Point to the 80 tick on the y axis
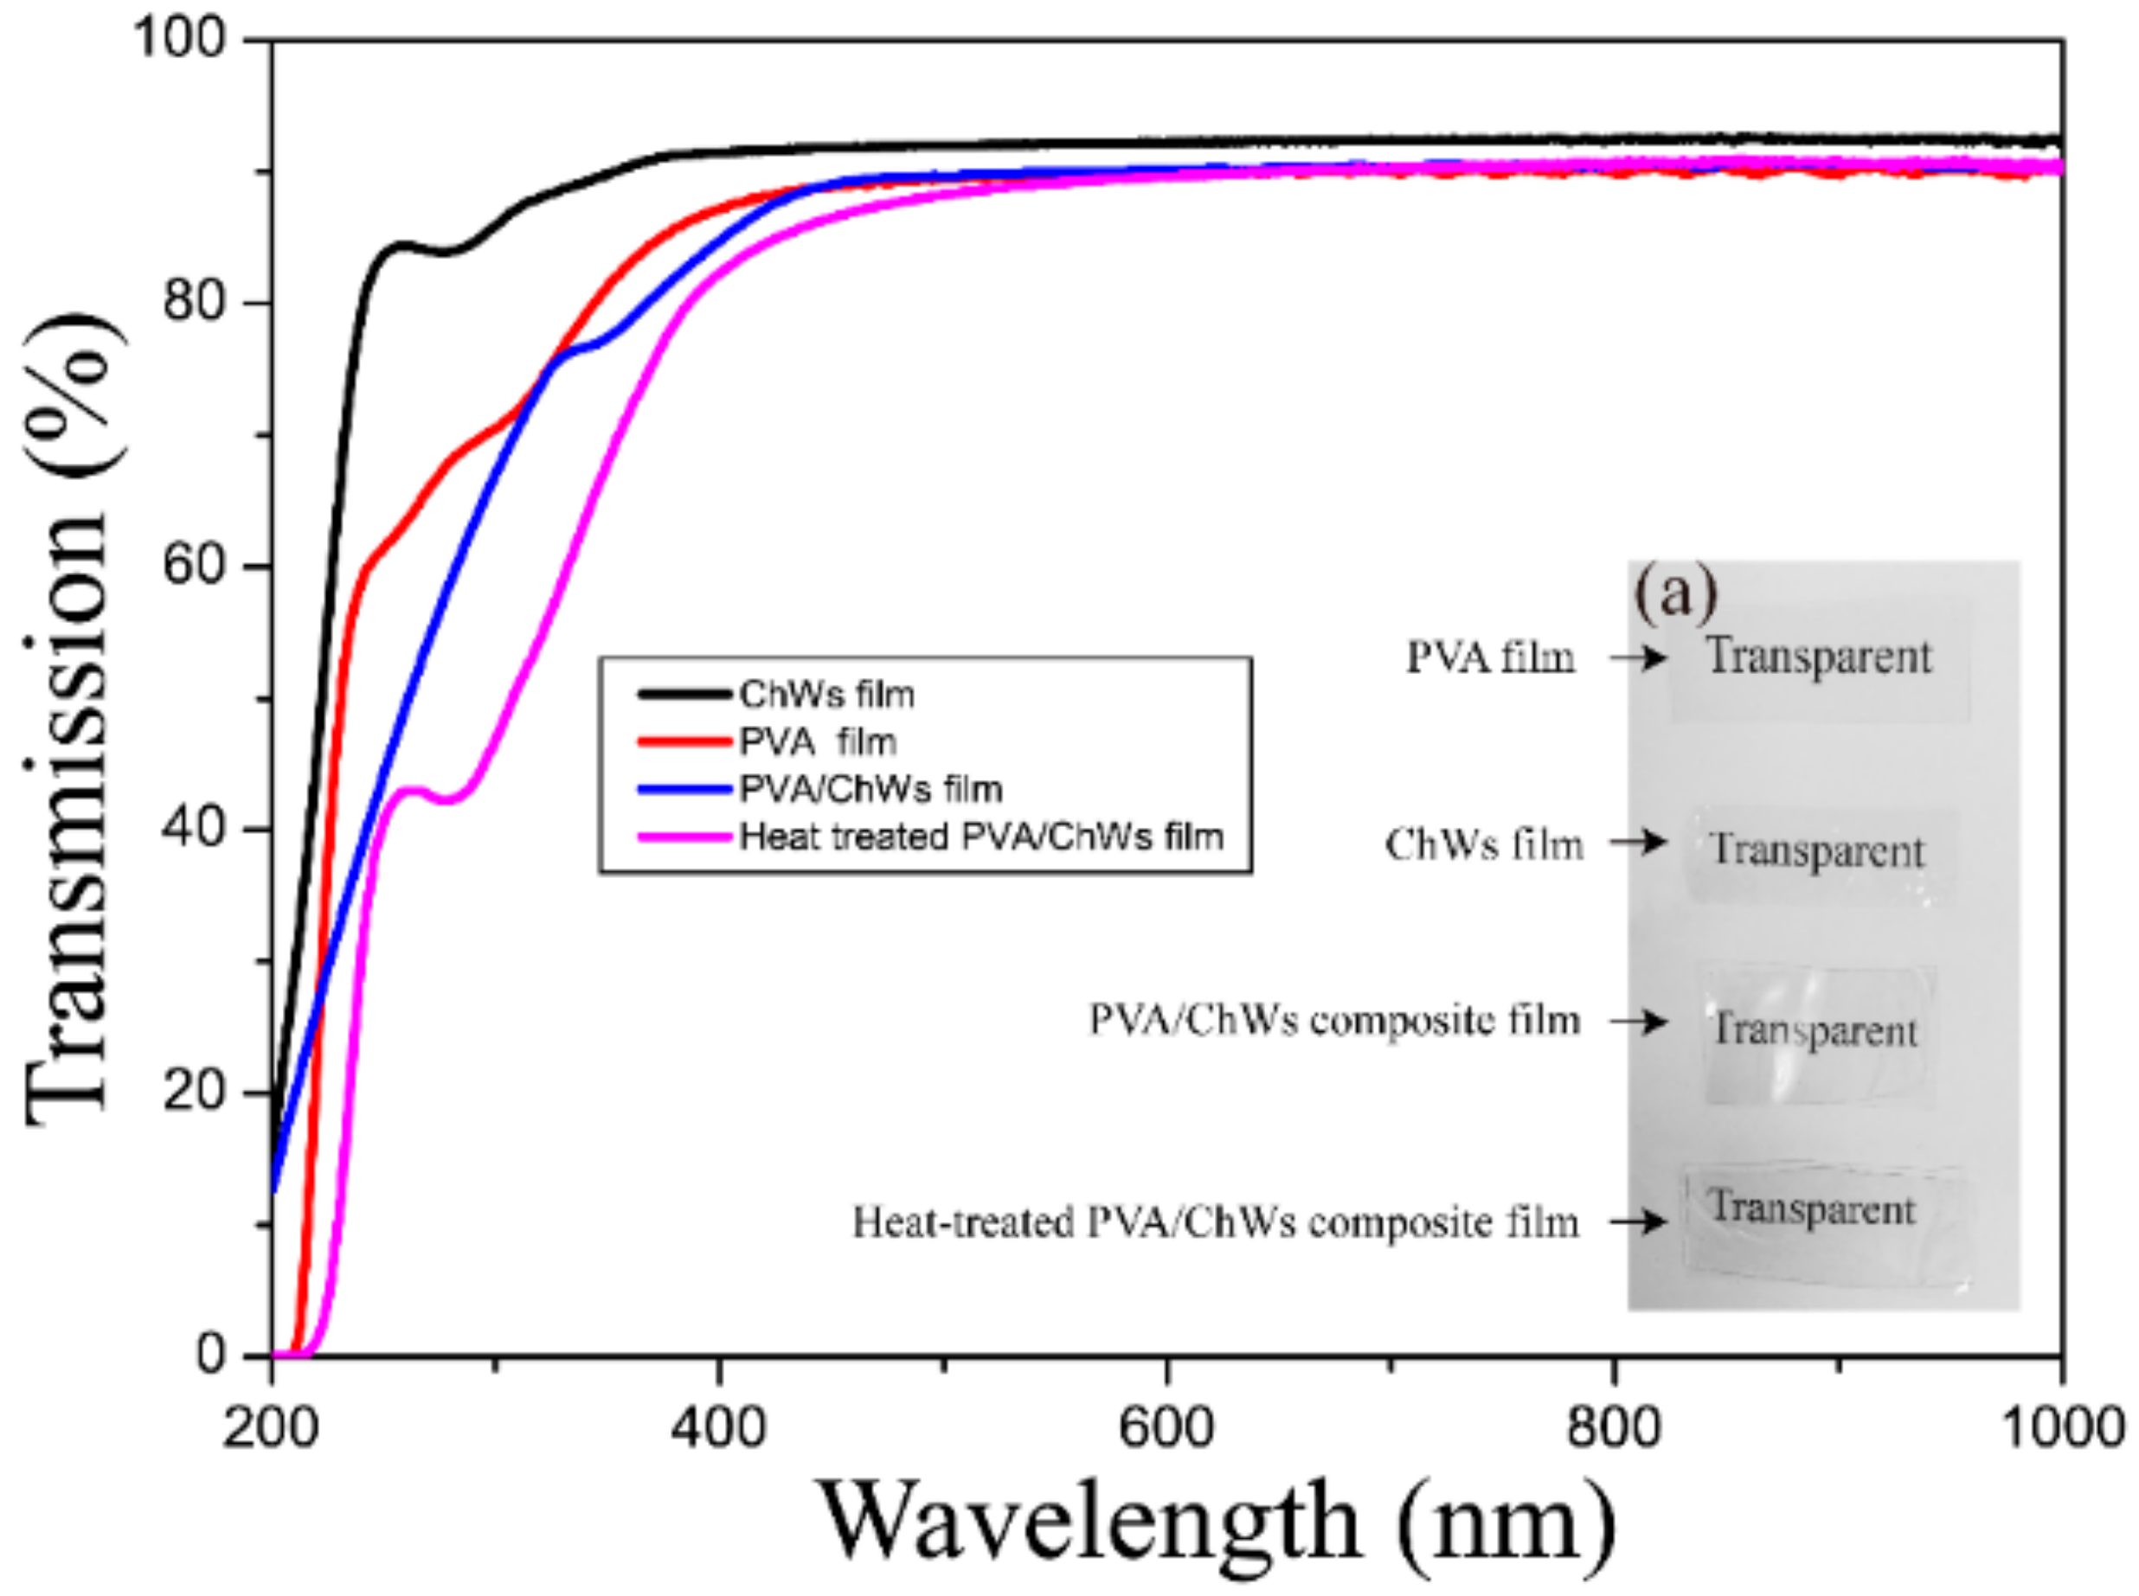(193, 303)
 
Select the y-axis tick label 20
(193, 1093)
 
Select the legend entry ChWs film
(826, 694)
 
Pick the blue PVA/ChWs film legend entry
(870, 789)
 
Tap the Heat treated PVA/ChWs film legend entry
(980, 836)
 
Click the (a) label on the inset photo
(1675, 593)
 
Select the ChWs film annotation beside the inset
(1484, 844)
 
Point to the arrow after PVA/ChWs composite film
(1639, 1021)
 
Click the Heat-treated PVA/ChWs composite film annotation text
(1216, 1222)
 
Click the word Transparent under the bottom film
(1811, 1208)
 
